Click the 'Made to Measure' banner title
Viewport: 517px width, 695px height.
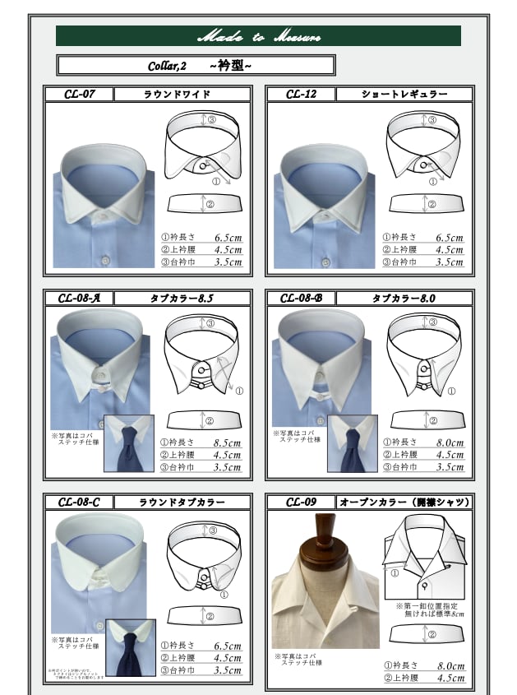pyautogui.click(x=258, y=36)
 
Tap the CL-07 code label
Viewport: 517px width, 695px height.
pyautogui.click(x=80, y=94)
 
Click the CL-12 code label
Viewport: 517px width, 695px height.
pyautogui.click(x=301, y=94)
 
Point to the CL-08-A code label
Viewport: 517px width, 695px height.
pyautogui.click(x=80, y=299)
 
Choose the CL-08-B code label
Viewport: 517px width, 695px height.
pyautogui.click(x=301, y=299)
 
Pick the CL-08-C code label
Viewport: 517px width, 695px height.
pyautogui.click(x=80, y=502)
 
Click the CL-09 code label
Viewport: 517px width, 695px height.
pyautogui.click(x=301, y=502)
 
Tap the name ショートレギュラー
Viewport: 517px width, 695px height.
pyautogui.click(x=404, y=94)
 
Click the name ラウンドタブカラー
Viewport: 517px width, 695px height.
pyautogui.click(x=181, y=502)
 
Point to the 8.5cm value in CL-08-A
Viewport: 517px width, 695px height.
pyautogui.click(x=228, y=443)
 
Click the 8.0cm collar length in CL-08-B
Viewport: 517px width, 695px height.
pyautogui.click(x=450, y=443)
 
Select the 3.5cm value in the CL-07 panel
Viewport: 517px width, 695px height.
pyautogui.click(x=228, y=262)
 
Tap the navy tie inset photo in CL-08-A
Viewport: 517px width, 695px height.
pyautogui.click(x=129, y=444)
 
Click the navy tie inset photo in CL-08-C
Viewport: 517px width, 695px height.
pyautogui.click(x=130, y=647)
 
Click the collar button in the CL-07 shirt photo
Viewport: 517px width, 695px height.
pyautogui.click(x=105, y=215)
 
